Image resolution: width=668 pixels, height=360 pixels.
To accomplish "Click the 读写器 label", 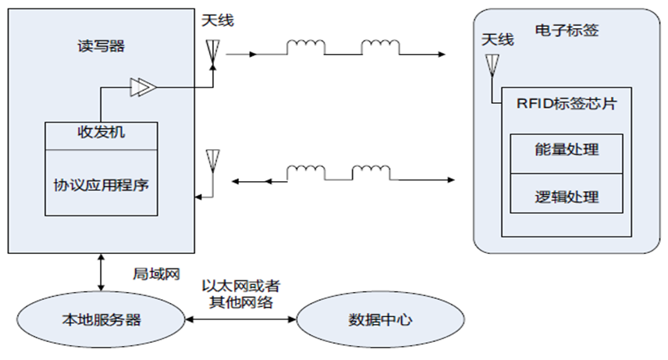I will [x=96, y=46].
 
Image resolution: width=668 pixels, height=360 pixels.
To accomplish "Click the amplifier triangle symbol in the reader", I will [x=142, y=87].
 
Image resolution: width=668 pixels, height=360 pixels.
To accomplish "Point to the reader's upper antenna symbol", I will [x=211, y=52].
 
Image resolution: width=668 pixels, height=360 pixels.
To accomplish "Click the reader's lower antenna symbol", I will [x=211, y=159].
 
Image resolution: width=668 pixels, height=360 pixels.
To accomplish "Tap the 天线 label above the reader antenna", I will [x=216, y=20].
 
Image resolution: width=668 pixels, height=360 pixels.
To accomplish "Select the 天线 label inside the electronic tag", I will [x=497, y=39].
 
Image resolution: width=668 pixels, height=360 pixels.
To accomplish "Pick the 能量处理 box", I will [x=567, y=148].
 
